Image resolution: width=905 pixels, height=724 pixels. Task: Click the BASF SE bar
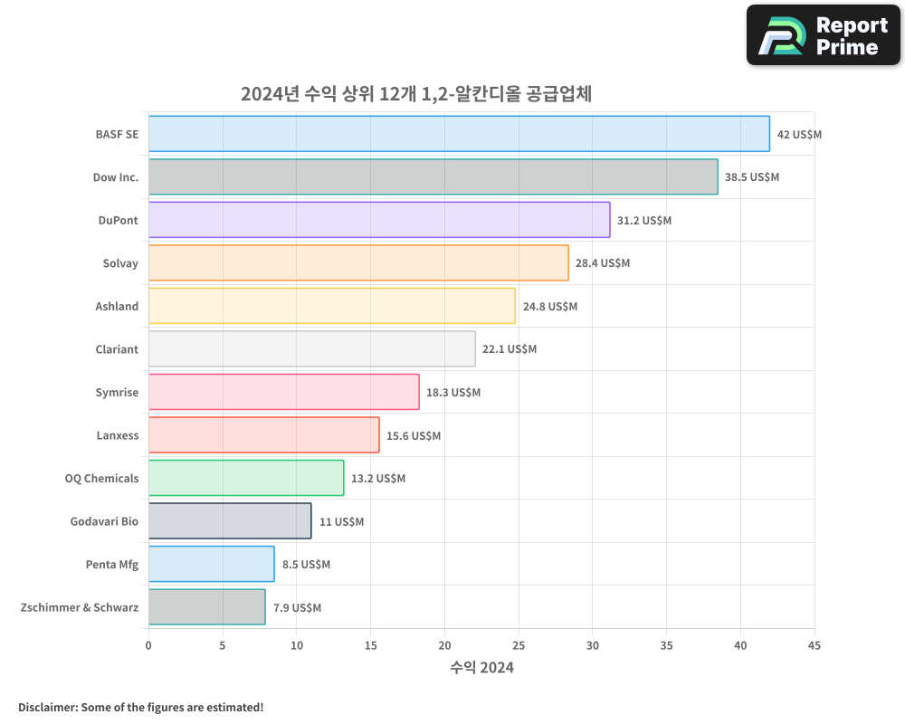[459, 134]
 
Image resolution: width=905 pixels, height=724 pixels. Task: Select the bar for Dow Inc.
[433, 176]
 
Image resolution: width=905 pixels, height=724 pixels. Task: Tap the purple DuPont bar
[379, 220]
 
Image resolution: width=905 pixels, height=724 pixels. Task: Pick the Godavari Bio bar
[230, 521]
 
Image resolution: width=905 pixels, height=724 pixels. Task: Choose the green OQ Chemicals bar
[246, 478]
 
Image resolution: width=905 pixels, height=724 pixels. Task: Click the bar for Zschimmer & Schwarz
[206, 607]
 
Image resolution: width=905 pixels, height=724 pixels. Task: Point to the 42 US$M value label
[799, 134]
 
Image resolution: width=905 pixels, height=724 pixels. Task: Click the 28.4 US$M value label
[602, 263]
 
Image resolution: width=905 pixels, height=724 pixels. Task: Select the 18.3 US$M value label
[452, 393]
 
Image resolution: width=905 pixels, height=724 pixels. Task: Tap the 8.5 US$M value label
[306, 565]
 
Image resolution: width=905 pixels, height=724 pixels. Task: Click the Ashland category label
[117, 306]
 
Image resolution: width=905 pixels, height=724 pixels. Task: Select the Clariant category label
[117, 349]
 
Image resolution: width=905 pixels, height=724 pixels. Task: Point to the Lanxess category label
[118, 435]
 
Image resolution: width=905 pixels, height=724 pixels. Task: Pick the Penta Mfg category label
[112, 565]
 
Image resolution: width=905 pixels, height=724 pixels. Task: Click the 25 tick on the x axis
[519, 645]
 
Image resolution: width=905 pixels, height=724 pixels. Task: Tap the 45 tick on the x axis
[814, 645]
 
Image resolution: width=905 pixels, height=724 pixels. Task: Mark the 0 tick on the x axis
[148, 645]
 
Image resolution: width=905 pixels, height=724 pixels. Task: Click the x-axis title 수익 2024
[481, 668]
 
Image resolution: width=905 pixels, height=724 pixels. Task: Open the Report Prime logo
[824, 35]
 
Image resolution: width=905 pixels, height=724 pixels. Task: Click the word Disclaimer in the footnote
[47, 707]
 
